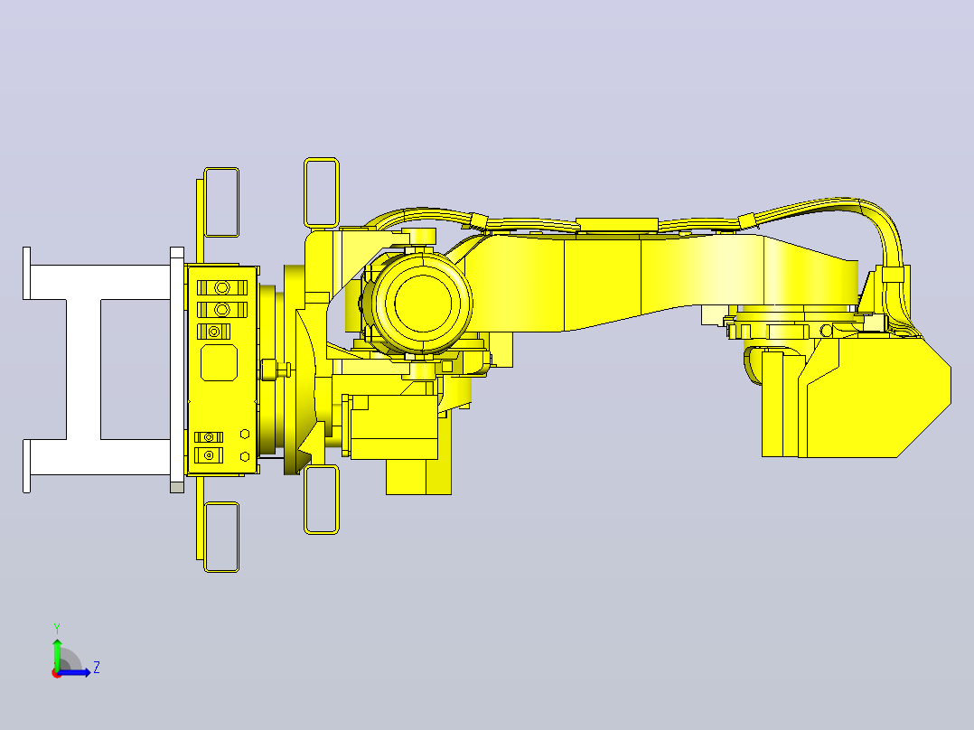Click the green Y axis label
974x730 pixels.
(x=57, y=628)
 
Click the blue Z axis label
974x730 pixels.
(x=97, y=668)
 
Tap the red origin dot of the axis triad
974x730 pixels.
(x=57, y=673)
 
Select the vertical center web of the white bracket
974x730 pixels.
(x=83, y=369)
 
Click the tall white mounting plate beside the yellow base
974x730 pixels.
(x=177, y=370)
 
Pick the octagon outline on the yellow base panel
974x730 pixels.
(x=219, y=362)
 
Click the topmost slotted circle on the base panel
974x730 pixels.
(x=221, y=287)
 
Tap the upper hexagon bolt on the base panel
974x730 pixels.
(x=245, y=434)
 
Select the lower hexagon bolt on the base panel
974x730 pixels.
(x=245, y=456)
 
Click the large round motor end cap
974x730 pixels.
(x=423, y=304)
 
